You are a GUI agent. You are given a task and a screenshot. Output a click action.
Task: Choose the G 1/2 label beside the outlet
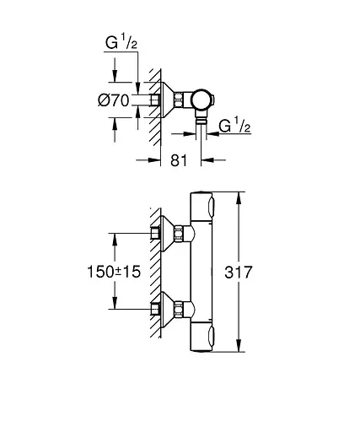pyautogui.click(x=236, y=127)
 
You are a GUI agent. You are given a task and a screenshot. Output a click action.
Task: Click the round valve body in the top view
pyautogui.click(x=202, y=101)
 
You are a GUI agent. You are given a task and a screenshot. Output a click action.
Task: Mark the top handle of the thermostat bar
pyautogui.click(x=206, y=208)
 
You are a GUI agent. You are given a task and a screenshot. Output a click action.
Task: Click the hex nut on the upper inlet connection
pyautogui.click(x=156, y=235)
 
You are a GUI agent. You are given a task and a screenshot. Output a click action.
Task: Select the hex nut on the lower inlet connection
pyautogui.click(x=156, y=310)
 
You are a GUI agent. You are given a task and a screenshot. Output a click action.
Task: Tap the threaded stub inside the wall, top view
pyautogui.click(x=155, y=101)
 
